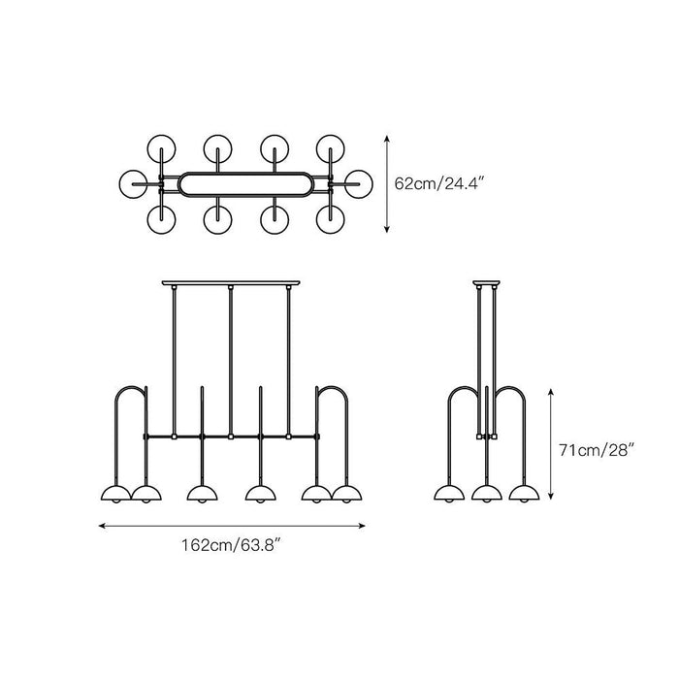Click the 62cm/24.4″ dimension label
click(438, 183)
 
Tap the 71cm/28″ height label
click(597, 450)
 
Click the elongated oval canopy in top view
click(245, 173)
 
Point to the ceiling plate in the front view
click(231, 283)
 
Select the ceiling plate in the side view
click(486, 283)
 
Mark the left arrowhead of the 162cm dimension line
click(102, 526)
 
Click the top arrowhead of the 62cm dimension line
click(387, 139)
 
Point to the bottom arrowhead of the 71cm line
click(550, 496)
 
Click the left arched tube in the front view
click(131, 387)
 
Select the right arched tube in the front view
click(332, 387)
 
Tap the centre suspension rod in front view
click(231, 362)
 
